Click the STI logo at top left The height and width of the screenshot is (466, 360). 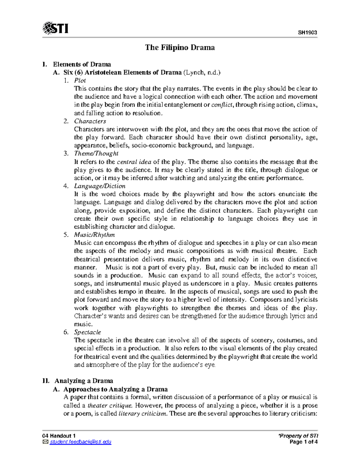(55, 29)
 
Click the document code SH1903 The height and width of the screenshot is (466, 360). (307, 33)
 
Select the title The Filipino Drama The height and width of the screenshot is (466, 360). (180, 47)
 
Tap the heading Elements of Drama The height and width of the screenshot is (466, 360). (82, 64)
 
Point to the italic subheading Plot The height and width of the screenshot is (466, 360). (80, 80)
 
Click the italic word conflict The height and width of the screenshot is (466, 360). (223, 105)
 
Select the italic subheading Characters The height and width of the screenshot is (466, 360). (90, 121)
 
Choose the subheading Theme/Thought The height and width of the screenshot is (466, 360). (96, 154)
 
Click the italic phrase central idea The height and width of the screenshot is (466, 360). (134, 162)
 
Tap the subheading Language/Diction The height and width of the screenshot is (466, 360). (100, 186)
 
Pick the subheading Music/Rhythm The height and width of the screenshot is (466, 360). (94, 235)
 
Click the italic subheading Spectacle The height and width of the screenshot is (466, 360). (87, 332)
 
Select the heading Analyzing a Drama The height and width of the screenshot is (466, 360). (84, 381)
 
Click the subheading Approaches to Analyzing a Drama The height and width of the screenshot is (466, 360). (115, 389)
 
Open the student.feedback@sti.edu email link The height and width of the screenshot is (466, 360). (80, 442)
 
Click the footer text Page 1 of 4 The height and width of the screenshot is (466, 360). (303, 442)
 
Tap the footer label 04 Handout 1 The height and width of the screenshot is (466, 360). (59, 436)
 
